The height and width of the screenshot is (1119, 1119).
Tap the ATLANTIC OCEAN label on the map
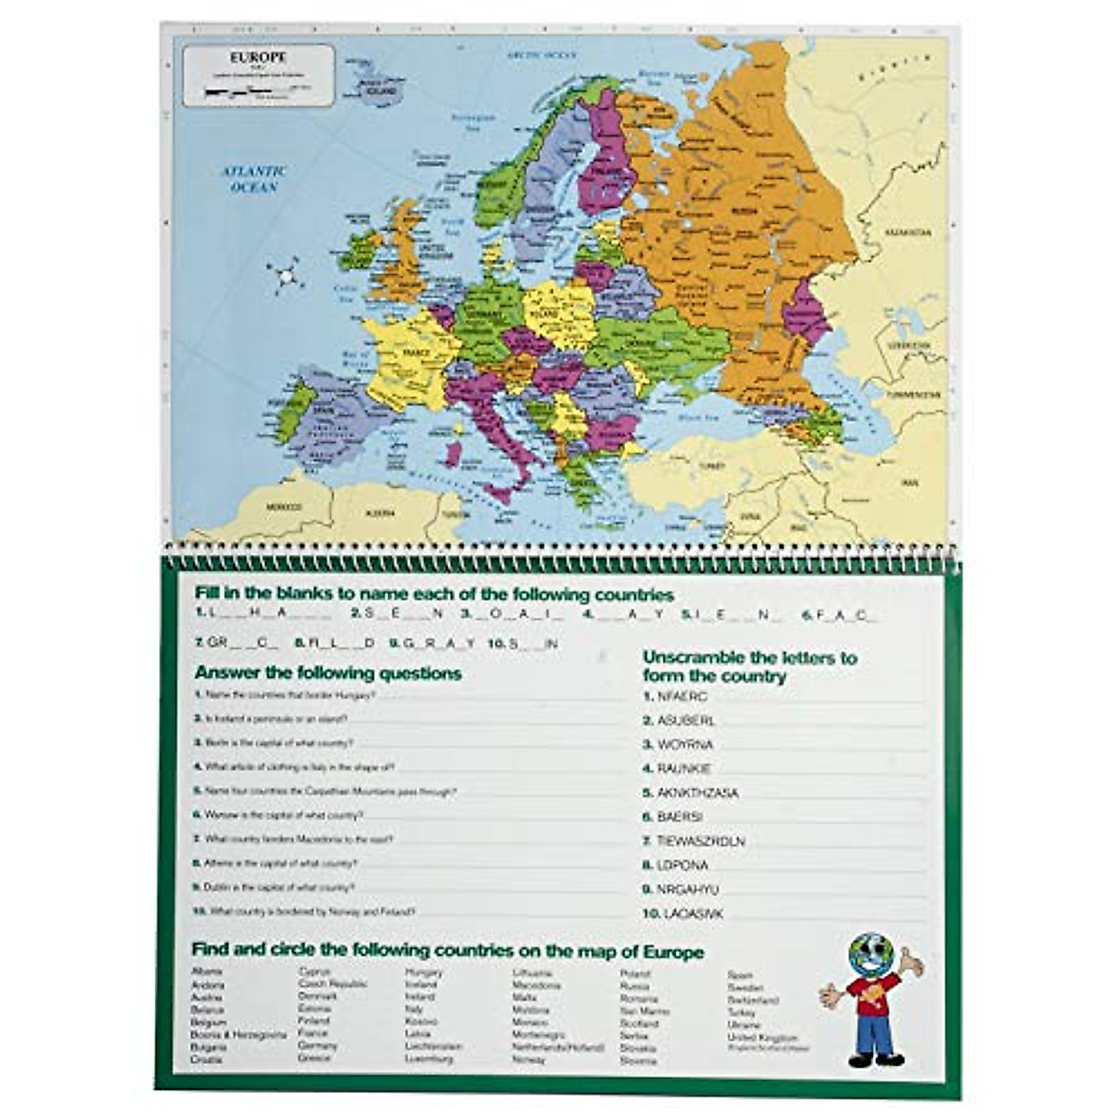click(254, 179)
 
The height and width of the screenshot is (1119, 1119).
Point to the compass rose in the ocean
click(285, 276)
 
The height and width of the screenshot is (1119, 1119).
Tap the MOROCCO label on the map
click(285, 507)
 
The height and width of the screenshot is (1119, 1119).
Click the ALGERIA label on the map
click(380, 512)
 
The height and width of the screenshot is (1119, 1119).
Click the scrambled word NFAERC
click(682, 697)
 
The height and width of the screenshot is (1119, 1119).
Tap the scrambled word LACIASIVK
click(689, 914)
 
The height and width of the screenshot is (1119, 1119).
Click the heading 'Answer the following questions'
click(327, 673)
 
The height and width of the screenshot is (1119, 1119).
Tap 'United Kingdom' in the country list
click(762, 1037)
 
